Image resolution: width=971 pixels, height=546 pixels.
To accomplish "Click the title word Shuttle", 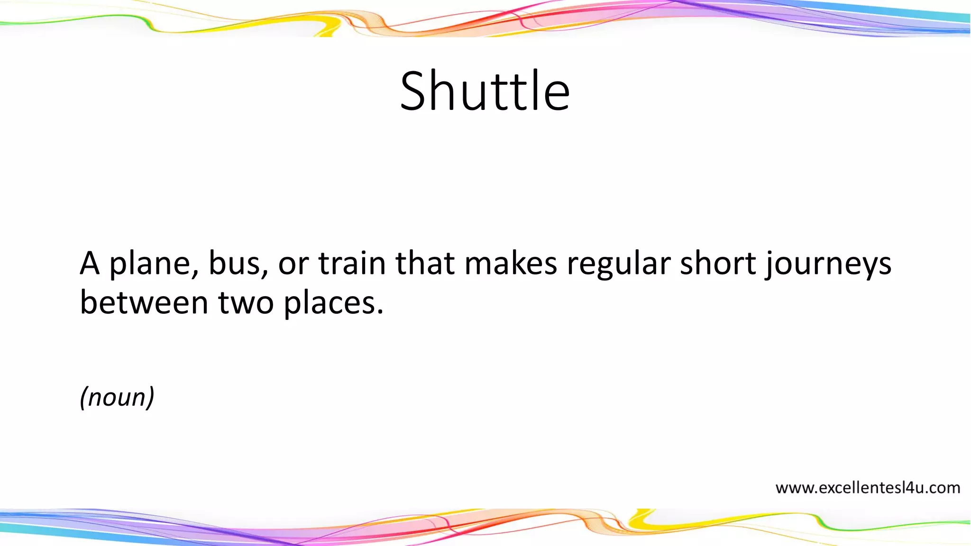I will click(x=485, y=91).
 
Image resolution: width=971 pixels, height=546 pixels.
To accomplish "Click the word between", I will click(x=144, y=303).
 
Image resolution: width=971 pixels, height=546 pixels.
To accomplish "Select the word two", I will click(x=246, y=304).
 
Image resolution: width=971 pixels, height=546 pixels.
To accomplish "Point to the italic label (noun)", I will click(x=117, y=397).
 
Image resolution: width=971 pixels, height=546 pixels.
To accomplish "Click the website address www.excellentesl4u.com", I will click(x=867, y=488).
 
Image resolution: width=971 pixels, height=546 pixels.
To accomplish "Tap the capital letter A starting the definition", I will click(x=90, y=264).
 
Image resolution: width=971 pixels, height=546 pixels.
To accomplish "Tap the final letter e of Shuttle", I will click(x=557, y=97).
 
